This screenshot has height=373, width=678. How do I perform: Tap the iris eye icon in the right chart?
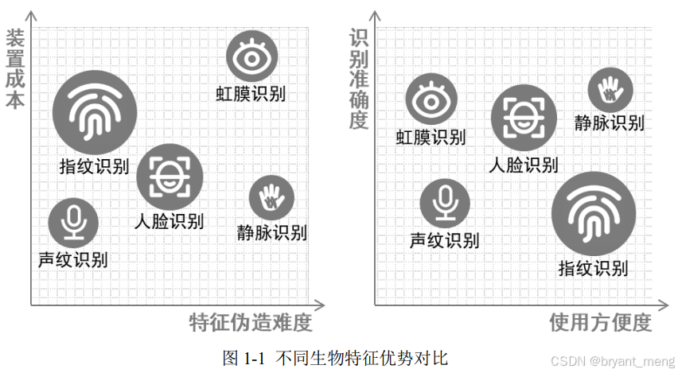click(x=431, y=99)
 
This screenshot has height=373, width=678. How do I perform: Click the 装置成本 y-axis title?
click(x=15, y=69)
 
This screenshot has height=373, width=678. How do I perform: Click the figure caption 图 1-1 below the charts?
click(x=335, y=357)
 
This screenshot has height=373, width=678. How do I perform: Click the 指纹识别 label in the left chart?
click(x=94, y=166)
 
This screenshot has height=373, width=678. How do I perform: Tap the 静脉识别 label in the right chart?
click(x=609, y=122)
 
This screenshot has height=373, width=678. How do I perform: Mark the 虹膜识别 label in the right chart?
click(x=431, y=137)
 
